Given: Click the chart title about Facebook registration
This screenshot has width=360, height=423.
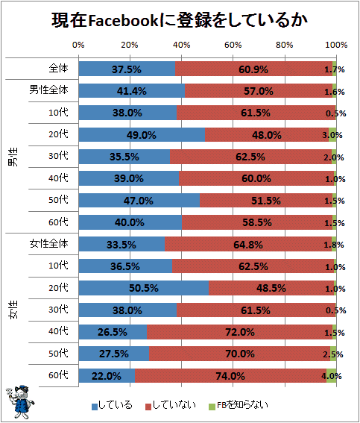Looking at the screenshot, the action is [180, 20].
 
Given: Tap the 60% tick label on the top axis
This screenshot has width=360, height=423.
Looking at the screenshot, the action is [233, 45].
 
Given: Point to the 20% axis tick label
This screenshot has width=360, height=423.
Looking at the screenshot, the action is [130, 45].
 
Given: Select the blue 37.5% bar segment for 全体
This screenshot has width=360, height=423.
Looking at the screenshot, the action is [127, 69].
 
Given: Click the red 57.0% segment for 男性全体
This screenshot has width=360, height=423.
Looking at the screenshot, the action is [259, 91].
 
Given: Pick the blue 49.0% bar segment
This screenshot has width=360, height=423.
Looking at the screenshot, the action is [142, 134].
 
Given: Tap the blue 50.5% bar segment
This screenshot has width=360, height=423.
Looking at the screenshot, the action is [144, 288].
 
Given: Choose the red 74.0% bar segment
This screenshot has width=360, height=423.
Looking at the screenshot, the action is [230, 375].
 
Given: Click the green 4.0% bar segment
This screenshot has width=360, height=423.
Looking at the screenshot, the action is [332, 375].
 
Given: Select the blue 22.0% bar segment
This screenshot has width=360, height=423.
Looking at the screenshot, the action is [107, 375].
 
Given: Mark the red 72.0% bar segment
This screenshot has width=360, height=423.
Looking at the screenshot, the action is [240, 331].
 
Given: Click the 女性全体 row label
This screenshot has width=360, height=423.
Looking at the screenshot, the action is [48, 244].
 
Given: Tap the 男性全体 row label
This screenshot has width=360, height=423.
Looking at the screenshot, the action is [48, 90].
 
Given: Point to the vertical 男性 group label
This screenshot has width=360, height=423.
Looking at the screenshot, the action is [13, 157].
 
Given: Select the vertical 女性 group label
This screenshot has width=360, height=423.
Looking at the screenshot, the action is [13, 310].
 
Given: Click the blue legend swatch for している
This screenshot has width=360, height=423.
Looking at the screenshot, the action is [95, 407].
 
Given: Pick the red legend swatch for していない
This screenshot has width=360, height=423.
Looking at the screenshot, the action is [148, 407].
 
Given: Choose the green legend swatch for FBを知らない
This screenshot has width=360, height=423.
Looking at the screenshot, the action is [212, 407].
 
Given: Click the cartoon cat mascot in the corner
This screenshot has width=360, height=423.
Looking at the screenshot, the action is [20, 401].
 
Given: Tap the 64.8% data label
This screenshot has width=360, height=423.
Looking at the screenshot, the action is [248, 245].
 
